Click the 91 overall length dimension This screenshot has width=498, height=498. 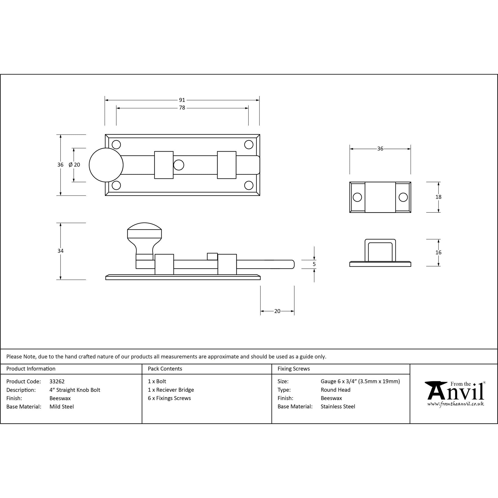[182, 100]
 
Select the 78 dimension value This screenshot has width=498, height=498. [182, 108]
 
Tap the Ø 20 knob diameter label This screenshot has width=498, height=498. [74, 165]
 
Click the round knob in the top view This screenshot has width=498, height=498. [106, 165]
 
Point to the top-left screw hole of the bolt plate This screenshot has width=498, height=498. [116, 144]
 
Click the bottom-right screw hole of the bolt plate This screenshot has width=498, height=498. [249, 185]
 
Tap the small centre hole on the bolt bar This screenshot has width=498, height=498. [179, 165]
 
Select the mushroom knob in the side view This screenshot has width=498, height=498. [144, 235]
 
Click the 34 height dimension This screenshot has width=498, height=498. [60, 251]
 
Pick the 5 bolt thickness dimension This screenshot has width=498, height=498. [314, 264]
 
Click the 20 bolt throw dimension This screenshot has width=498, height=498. [277, 311]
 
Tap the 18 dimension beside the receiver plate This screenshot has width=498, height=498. [438, 197]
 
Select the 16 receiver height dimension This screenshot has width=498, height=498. [438, 252]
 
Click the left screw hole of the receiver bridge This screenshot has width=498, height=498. [357, 197]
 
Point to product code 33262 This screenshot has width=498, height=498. [57, 381]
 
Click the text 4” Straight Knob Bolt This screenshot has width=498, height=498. [75, 390]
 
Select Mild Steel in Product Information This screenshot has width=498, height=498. [62, 407]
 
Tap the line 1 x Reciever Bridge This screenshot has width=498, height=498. [171, 390]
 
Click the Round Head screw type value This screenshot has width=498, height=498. [335, 390]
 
